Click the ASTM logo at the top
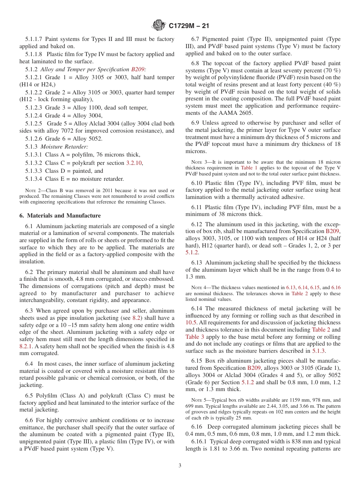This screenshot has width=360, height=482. click(x=158, y=25)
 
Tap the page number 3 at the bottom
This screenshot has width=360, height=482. click(x=180, y=465)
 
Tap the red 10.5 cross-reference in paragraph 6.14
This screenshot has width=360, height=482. click(x=191, y=322)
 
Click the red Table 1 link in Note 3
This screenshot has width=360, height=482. click(x=248, y=167)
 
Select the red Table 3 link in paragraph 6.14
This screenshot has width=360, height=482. click(x=194, y=337)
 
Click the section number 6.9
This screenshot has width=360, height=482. click(x=195, y=123)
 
